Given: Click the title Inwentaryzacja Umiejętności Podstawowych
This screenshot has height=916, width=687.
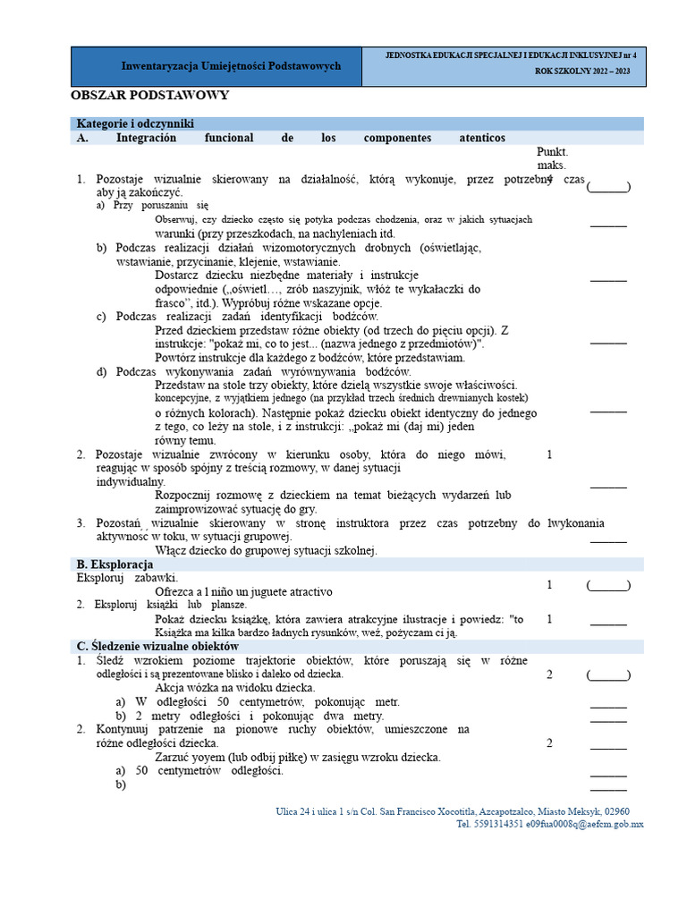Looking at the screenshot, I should tap(231, 67).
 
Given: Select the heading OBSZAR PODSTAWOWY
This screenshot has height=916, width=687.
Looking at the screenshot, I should tap(150, 95).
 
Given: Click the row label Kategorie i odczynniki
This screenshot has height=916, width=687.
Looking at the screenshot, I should tap(135, 123).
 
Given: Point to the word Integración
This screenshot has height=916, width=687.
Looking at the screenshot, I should tap(146, 138).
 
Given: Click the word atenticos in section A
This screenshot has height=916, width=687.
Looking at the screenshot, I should tap(482, 138).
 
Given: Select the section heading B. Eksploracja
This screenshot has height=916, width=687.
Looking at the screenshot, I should tap(114, 564).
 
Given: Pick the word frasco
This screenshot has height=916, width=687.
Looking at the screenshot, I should tap(174, 302).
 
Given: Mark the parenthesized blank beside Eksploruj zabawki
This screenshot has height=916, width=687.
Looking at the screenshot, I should tap(608, 585).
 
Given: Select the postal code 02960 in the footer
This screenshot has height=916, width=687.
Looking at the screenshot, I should tap(624, 811).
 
